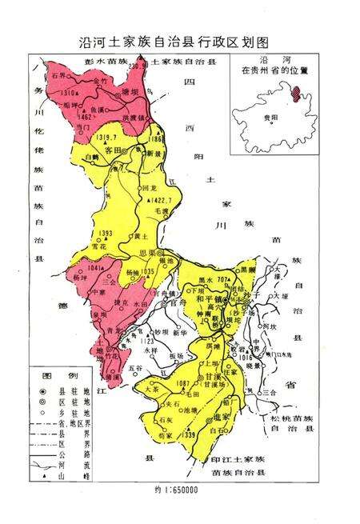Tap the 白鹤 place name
(93, 158)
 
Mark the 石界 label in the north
(58, 75)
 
